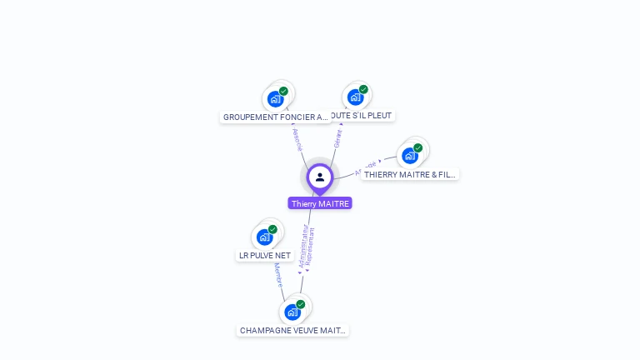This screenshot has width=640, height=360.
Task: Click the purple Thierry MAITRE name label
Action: [320, 203]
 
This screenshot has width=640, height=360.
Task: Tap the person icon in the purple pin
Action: [320, 177]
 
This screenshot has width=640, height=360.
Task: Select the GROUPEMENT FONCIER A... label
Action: [275, 117]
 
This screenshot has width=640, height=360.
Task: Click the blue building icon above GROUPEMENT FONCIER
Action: [275, 99]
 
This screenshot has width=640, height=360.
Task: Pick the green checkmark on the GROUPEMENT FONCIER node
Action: [283, 91]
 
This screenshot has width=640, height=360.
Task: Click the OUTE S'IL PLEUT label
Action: [360, 116]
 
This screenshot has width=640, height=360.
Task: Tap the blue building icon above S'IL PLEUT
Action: [356, 97]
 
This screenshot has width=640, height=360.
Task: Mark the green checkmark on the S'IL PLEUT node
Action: [363, 89]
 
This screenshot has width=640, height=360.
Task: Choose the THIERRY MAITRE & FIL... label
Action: [410, 175]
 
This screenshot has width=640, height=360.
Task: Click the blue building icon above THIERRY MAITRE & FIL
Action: [409, 156]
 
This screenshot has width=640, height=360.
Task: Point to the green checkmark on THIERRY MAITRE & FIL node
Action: [417, 148]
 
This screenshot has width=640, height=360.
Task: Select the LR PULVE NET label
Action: [265, 256]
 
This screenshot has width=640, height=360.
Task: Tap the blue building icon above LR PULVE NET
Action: [265, 237]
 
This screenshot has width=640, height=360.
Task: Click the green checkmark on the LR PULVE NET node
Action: [272, 229]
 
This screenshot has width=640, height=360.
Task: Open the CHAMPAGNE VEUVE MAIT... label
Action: [292, 331]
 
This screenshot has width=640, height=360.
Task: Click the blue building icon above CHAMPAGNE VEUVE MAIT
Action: [292, 312]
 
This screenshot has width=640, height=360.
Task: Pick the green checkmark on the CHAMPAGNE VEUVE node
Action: [301, 304]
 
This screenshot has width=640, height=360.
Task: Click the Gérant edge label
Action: [338, 138]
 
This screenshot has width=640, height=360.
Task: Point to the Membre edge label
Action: [278, 275]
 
